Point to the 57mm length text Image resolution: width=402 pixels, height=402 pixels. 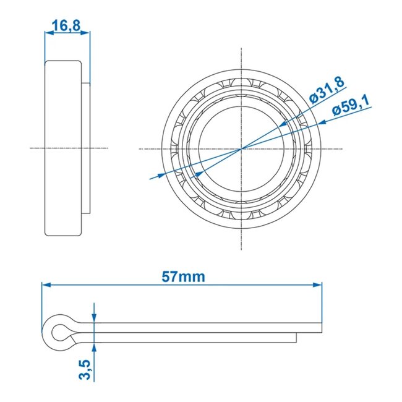pyautogui.click(x=182, y=276)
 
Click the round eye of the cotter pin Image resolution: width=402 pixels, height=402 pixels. pyautogui.click(x=59, y=332)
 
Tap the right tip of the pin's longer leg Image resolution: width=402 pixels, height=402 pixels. pyautogui.click(x=321, y=328)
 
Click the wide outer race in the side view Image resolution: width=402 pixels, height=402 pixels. pyautogui.click(x=63, y=148)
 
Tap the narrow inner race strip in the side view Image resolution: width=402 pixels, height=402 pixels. pyautogui.click(x=86, y=148)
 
